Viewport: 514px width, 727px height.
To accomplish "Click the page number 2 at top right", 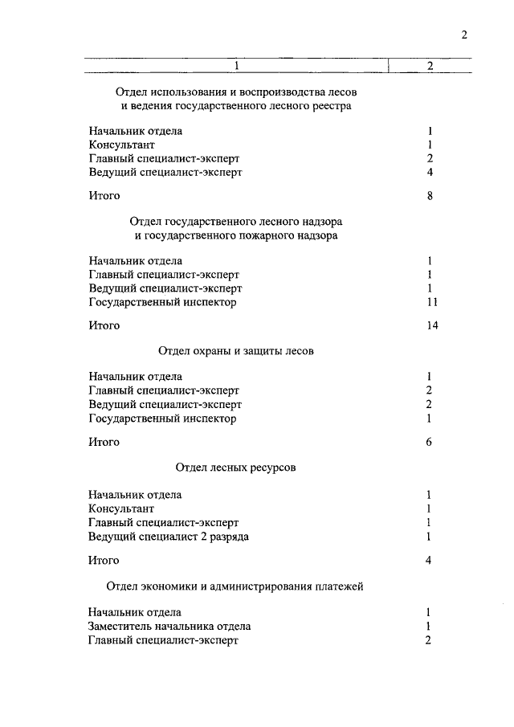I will pyautogui.click(x=464, y=35).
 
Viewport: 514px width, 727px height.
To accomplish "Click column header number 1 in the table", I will pyautogui.click(x=237, y=66).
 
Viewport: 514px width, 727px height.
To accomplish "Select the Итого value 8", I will pyautogui.click(x=430, y=195).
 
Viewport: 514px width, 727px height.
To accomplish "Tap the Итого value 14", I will pyautogui.click(x=432, y=325).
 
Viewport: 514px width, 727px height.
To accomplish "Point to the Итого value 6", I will pyautogui.click(x=430, y=442).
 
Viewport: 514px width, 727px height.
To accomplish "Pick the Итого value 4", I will pyautogui.click(x=430, y=560).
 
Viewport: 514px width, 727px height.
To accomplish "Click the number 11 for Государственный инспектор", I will pyautogui.click(x=432, y=302).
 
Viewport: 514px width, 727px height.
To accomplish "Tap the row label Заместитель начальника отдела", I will pyautogui.click(x=170, y=626).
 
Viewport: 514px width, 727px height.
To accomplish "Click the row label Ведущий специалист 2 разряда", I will pyautogui.click(x=169, y=537).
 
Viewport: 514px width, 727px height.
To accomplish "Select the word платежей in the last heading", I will pyautogui.click(x=341, y=586).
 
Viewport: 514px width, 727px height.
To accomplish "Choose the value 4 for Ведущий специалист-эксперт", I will pyautogui.click(x=430, y=172).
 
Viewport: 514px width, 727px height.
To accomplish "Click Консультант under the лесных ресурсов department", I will pyautogui.click(x=121, y=508).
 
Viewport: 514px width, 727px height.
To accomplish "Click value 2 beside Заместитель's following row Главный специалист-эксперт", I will pyautogui.click(x=430, y=640).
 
